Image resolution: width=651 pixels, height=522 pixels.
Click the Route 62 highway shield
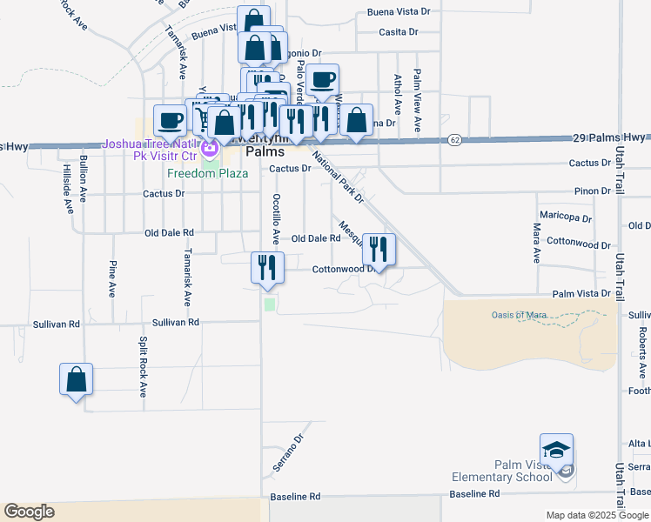pos(454,139)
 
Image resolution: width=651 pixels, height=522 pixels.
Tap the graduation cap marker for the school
pos(556,451)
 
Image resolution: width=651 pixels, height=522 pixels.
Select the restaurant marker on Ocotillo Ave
pos(267,267)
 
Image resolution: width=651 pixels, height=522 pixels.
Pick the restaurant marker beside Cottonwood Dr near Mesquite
pos(379,249)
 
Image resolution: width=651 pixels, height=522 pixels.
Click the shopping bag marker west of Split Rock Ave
pos(77,379)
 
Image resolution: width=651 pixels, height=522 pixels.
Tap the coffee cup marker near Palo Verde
pos(322,80)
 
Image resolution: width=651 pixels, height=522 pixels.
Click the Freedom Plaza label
pos(207,172)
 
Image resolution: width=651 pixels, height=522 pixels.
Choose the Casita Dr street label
pos(399,32)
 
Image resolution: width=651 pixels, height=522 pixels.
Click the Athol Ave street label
pos(397,95)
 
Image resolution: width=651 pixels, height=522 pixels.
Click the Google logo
pos(29,512)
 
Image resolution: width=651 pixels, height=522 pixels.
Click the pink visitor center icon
pos(209,149)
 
